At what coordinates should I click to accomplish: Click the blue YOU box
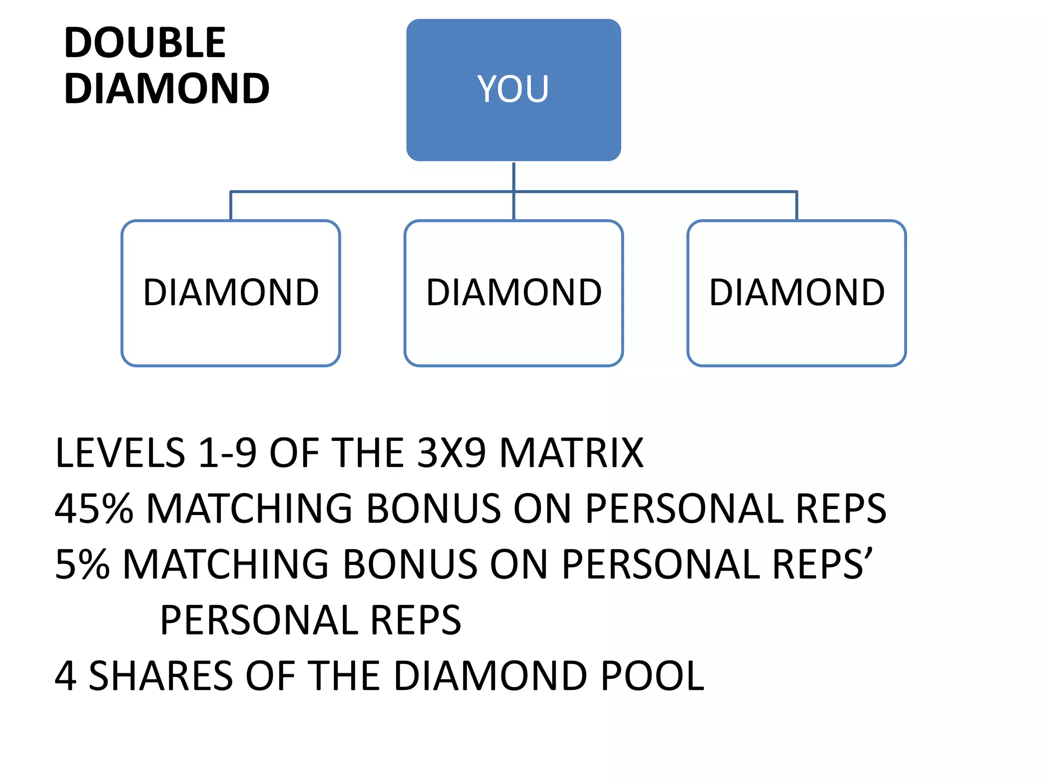pos(513,90)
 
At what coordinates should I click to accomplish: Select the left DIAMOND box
pos(231,293)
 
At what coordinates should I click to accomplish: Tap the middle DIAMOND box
pos(513,293)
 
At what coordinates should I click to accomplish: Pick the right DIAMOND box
pos(797,293)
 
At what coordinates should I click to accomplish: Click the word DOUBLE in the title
pos(145,43)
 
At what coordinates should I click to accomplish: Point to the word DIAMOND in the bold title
pos(167,89)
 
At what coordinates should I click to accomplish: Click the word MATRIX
pos(571,453)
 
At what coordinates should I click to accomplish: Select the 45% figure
pos(94,509)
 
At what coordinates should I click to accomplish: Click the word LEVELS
pos(120,453)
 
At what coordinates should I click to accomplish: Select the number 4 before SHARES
pos(66,676)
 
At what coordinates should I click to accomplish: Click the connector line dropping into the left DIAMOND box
pos(231,206)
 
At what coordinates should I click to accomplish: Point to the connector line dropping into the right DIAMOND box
pos(797,206)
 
